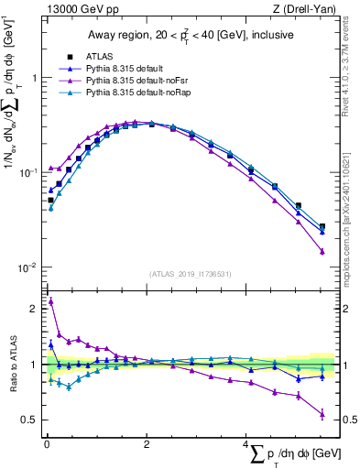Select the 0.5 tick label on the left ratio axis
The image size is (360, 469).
click(31, 420)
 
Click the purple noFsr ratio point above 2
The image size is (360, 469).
click(50, 300)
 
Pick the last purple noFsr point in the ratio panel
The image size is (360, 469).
click(322, 414)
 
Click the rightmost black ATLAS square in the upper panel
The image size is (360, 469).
click(322, 226)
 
